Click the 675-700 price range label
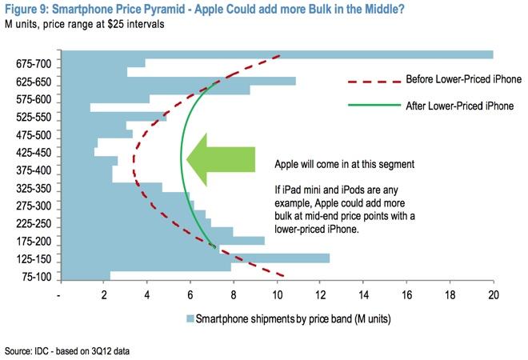[34, 64]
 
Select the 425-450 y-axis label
[34, 153]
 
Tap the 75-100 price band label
[37, 277]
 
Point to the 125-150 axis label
[34, 259]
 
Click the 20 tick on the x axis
[494, 295]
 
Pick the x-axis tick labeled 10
[277, 295]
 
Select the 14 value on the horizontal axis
[364, 295]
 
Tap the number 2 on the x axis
[104, 295]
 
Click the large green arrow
[221, 160]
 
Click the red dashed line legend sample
[374, 81]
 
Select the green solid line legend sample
[374, 106]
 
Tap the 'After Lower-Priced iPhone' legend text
[460, 106]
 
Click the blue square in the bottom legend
[190, 318]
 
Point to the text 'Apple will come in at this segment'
[345, 164]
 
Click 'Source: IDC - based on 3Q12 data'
[67, 351]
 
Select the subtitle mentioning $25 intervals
[85, 24]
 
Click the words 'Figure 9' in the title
[26, 9]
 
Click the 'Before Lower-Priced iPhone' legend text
[464, 79]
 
